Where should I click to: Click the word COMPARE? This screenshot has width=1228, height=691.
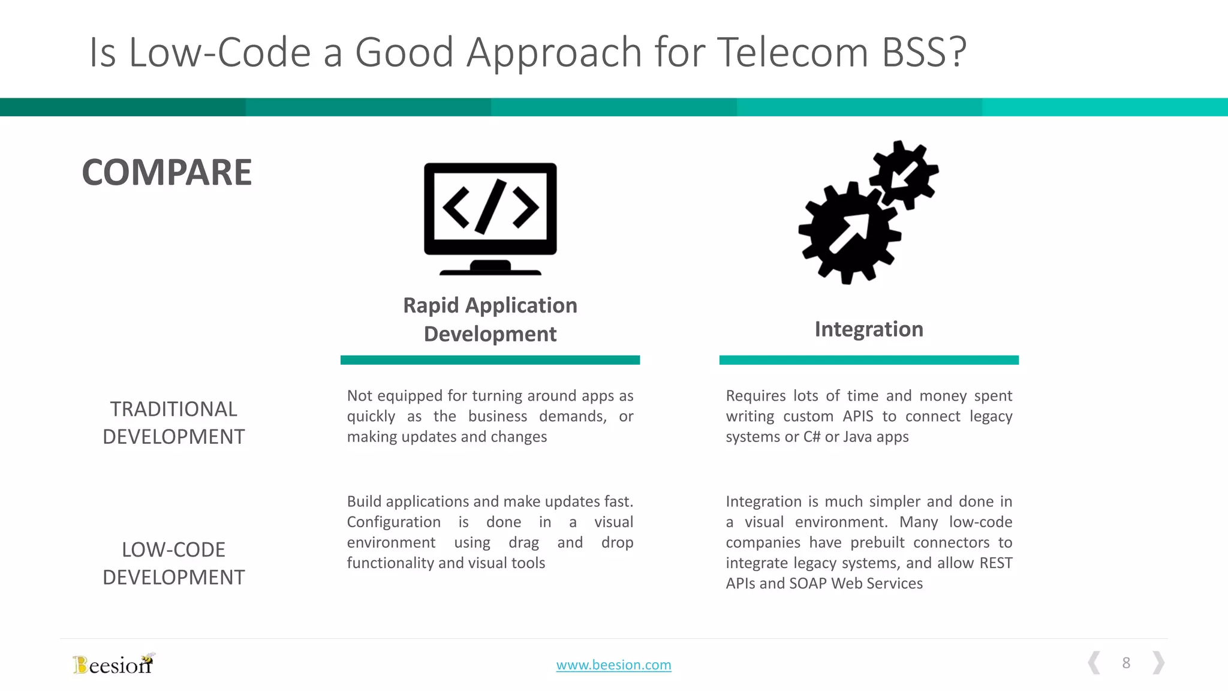point(167,173)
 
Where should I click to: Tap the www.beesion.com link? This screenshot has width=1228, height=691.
point(613,665)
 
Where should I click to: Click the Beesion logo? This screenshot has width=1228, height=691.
point(113,664)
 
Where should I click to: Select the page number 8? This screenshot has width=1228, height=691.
point(1126,663)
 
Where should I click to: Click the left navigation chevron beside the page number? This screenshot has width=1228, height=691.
point(1094,663)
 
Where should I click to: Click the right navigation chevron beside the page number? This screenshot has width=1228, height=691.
point(1158,663)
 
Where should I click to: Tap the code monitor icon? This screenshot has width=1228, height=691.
point(490,217)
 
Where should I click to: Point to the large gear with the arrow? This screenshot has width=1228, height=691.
point(848,234)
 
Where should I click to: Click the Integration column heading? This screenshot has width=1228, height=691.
point(868,329)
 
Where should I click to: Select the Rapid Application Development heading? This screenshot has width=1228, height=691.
point(490,319)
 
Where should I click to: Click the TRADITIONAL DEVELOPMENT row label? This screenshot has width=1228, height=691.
point(173,422)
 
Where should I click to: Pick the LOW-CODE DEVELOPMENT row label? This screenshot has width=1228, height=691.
point(173,563)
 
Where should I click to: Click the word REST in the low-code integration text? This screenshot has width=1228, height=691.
point(995,563)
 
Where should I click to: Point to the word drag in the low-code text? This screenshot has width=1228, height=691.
point(523,542)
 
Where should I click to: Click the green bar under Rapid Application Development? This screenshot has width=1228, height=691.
point(490,360)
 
